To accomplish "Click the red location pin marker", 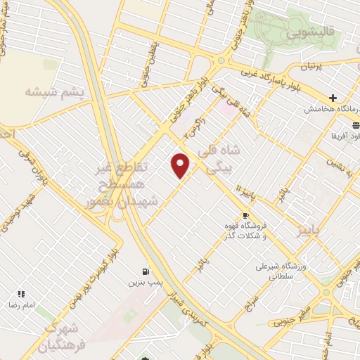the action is coord(181,165).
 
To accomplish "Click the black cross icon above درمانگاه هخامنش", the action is coord(333,98).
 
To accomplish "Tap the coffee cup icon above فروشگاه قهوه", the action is coord(245,216).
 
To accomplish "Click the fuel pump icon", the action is coord(145,271).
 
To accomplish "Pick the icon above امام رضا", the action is coord(21,294).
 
